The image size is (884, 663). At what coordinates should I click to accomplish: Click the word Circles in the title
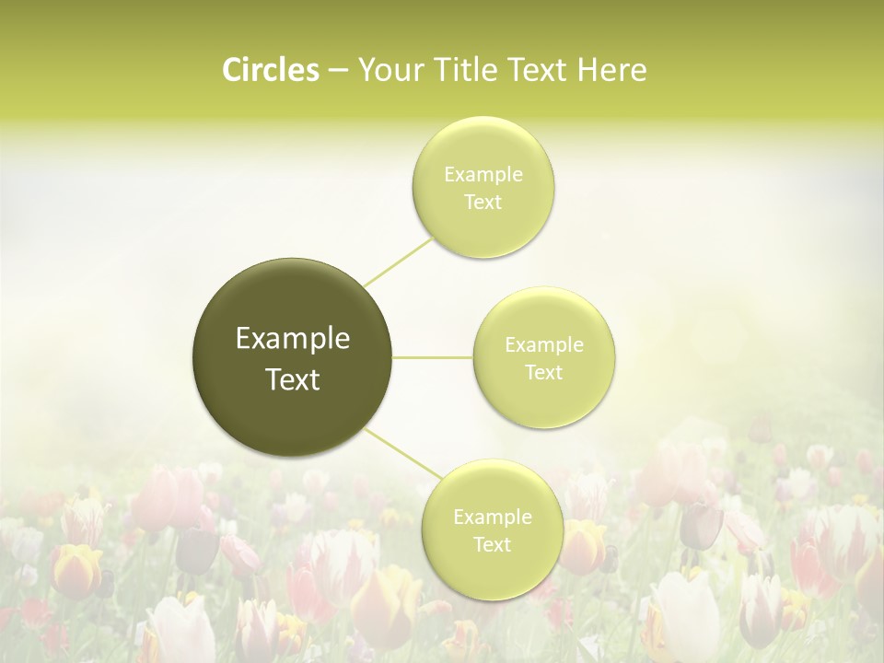[271, 70]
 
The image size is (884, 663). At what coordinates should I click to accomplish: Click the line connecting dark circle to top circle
[398, 261]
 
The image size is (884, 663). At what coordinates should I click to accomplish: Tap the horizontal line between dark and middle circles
[433, 357]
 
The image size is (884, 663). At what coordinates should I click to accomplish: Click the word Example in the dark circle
[293, 339]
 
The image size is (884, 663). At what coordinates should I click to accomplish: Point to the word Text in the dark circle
[293, 379]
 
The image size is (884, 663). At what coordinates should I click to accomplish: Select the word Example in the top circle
[483, 175]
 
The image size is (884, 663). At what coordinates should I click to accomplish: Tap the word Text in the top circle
[483, 202]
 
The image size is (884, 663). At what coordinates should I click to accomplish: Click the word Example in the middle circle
[544, 345]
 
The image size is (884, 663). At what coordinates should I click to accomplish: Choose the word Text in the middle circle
[544, 372]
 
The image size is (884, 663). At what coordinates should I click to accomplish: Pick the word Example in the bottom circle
[493, 518]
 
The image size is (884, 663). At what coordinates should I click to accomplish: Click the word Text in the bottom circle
[493, 544]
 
